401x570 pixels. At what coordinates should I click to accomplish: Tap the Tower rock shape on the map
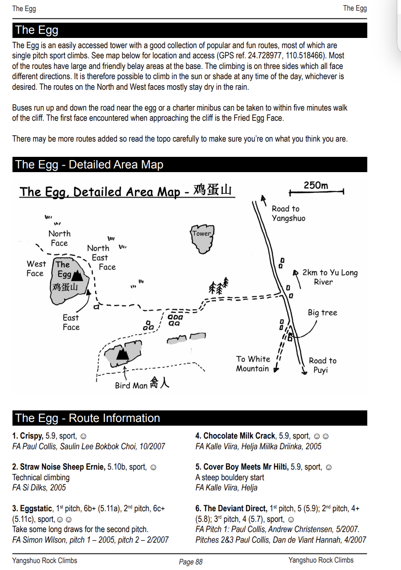pyautogui.click(x=202, y=238)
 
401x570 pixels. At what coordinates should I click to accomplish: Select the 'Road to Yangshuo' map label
pyautogui.click(x=288, y=213)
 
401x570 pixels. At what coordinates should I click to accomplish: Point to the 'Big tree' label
pyautogui.click(x=322, y=313)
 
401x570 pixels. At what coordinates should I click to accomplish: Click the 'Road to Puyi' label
pyautogui.click(x=322, y=365)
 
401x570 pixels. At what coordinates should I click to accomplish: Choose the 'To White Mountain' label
pyautogui.click(x=253, y=364)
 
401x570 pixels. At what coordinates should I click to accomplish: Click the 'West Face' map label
pyautogui.click(x=36, y=268)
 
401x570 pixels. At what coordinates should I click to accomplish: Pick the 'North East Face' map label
pyautogui.click(x=101, y=257)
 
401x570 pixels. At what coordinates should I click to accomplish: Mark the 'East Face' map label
pyautogui.click(x=71, y=322)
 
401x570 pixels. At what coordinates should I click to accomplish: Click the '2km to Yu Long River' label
pyautogui.click(x=330, y=277)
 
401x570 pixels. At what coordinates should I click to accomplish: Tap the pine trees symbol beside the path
pyautogui.click(x=219, y=286)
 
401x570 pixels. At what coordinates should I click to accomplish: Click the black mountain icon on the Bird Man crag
pyautogui.click(x=122, y=353)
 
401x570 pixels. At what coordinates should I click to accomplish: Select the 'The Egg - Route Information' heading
pyautogui.click(x=88, y=418)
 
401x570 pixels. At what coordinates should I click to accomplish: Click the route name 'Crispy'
pyautogui.click(x=31, y=436)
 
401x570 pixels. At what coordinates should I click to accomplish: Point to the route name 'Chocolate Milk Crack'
pyautogui.click(x=239, y=436)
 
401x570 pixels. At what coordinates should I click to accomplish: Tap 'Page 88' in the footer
pyautogui.click(x=190, y=562)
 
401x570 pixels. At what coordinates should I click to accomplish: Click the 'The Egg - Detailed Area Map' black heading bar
pyautogui.click(x=189, y=165)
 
